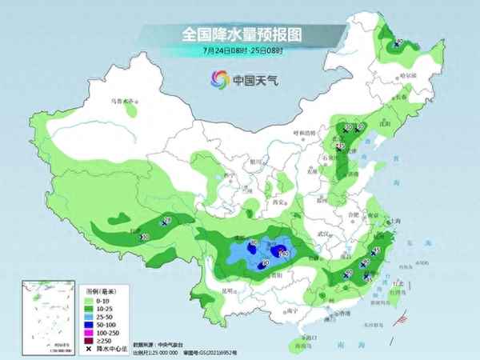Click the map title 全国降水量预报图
coord(240,34)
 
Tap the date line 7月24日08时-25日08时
coord(240,50)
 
